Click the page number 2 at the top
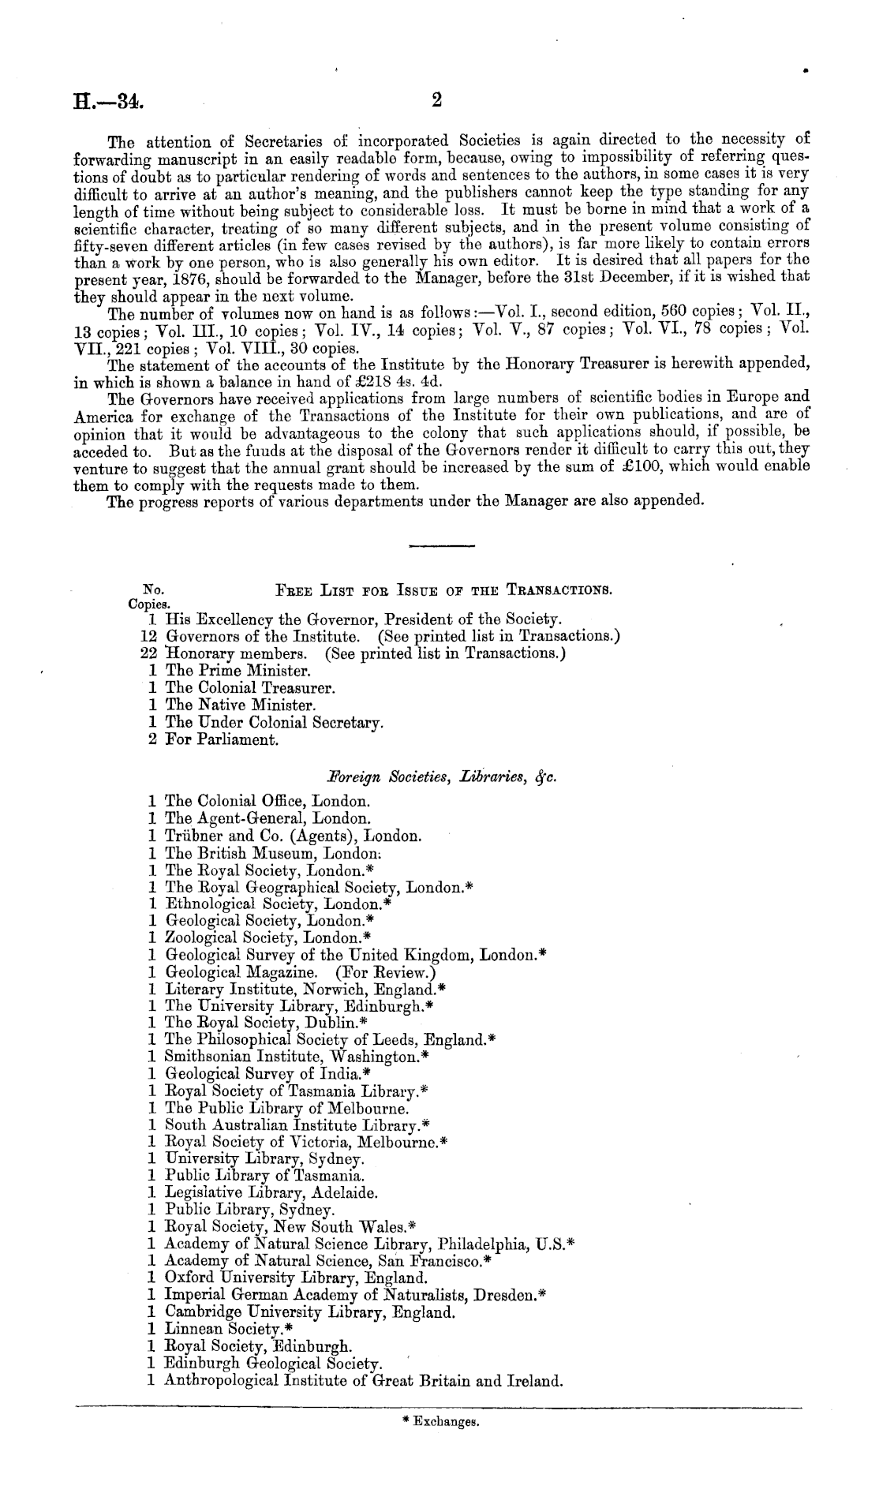(x=437, y=100)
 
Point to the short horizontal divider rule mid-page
(x=443, y=544)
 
